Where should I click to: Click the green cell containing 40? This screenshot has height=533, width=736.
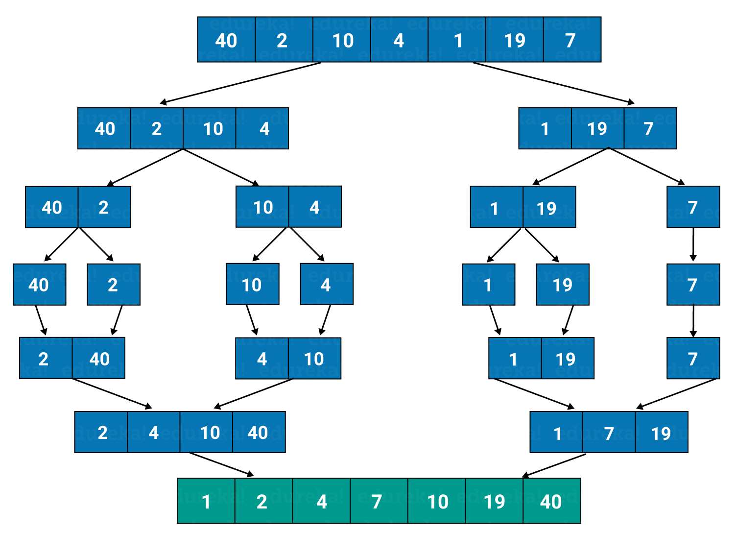click(x=551, y=501)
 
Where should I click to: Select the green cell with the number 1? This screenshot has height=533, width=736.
click(x=206, y=501)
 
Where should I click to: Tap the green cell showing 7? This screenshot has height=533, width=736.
click(x=379, y=501)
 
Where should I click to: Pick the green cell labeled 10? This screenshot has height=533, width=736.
click(x=436, y=501)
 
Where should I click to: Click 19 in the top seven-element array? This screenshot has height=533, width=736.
click(x=514, y=40)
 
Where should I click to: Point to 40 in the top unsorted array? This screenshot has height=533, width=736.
click(x=226, y=40)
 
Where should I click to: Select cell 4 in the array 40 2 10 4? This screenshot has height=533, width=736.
click(x=262, y=128)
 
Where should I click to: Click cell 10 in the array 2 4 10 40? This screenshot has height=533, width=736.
click(x=206, y=432)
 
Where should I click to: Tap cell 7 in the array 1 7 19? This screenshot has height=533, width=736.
click(x=609, y=433)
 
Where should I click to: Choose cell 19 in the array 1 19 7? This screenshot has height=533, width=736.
click(x=597, y=128)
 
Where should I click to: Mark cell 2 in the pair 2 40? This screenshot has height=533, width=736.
click(x=46, y=358)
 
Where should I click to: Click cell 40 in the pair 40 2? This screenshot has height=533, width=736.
click(x=51, y=207)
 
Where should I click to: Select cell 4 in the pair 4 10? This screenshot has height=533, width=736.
click(x=262, y=359)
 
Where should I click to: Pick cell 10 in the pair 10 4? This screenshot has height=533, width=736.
click(x=262, y=207)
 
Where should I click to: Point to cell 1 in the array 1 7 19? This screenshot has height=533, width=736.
click(x=556, y=433)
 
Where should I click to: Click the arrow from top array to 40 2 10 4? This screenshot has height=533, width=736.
click(x=240, y=83)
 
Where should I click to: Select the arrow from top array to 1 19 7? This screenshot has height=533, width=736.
click(x=553, y=83)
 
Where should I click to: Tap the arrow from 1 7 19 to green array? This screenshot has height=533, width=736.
click(x=554, y=465)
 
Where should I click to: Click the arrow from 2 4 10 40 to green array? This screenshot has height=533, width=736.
click(x=222, y=464)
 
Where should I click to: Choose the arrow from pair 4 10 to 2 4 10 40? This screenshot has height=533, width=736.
click(x=254, y=393)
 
